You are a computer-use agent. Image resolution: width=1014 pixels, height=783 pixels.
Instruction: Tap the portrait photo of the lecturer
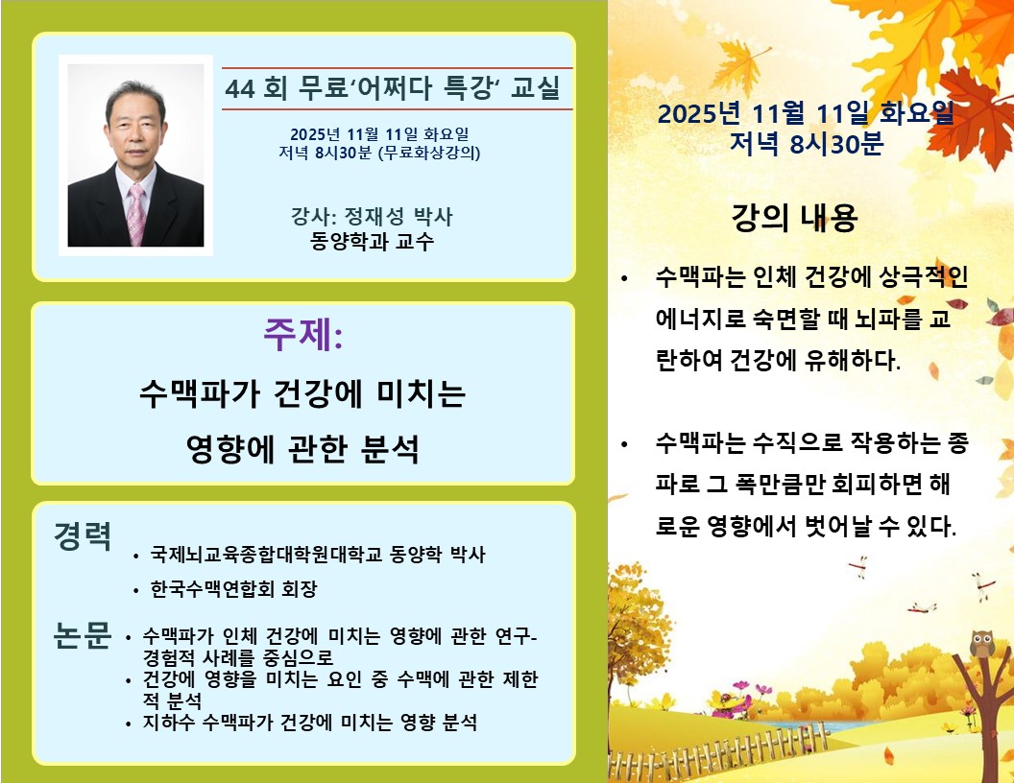pos(135,155)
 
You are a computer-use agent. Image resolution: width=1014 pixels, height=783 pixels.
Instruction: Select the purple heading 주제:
pos(302,335)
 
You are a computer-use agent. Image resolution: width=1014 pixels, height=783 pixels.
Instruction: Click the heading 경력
pos(83,535)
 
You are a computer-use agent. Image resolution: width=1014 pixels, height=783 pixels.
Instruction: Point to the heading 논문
pos(83,635)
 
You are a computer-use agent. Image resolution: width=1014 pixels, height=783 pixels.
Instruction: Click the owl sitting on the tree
pos(981,644)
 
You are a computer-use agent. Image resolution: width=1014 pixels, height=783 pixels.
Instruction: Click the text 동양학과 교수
pos(372,241)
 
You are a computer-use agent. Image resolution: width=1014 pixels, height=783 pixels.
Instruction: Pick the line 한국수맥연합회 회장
pos(233,588)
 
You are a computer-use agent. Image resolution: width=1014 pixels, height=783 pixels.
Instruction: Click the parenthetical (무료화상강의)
pos(429,153)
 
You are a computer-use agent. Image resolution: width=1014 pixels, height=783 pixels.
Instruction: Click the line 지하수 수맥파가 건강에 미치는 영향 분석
pos(310,722)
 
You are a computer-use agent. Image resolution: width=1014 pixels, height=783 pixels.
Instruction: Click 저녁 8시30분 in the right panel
pos(807,143)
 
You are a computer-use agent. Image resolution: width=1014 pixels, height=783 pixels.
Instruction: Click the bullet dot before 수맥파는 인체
pos(624,278)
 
